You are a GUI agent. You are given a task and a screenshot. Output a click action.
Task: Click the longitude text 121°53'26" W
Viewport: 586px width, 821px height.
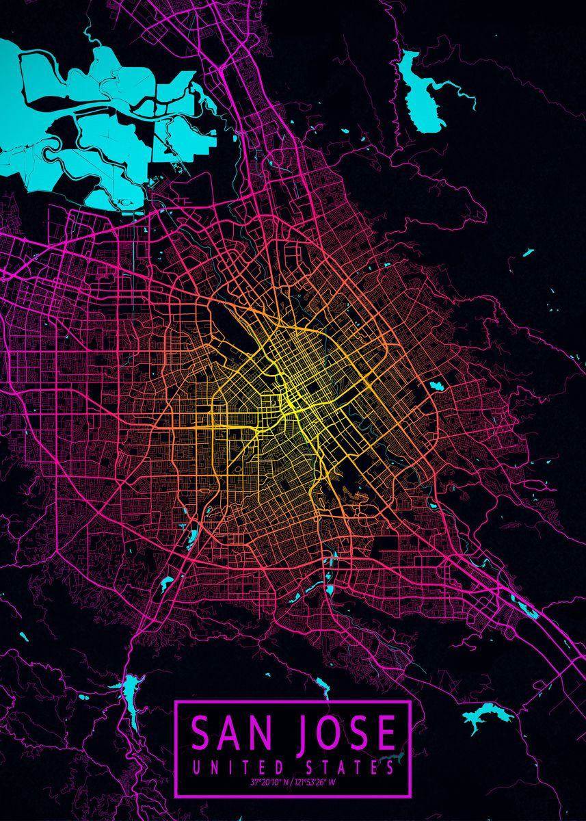[x=317, y=782]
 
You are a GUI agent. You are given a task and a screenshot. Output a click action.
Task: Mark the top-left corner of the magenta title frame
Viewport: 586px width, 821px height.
[x=176, y=702]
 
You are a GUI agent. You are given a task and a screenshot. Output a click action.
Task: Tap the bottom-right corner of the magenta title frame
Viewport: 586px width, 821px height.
[x=410, y=796]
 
